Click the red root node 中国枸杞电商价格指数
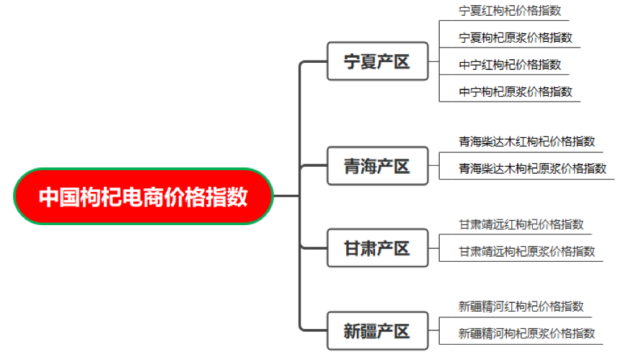pos(143,196)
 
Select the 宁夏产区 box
pos(377,61)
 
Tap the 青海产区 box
pos(377,167)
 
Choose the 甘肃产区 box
pos(377,249)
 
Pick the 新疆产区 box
pos(377,331)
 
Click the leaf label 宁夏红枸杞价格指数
pos(510,11)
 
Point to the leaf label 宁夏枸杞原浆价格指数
pos(516,38)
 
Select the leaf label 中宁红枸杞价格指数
pos(510,65)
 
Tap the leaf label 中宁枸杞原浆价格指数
pos(516,92)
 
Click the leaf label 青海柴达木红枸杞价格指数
pos(527,141)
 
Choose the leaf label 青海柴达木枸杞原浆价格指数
pos(533,168)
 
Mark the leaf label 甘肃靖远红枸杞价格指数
pos(521,224)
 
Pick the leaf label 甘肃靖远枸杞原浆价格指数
pos(527,251)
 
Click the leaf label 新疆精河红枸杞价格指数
pos(521,307)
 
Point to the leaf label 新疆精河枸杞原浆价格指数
pos(527,333)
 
